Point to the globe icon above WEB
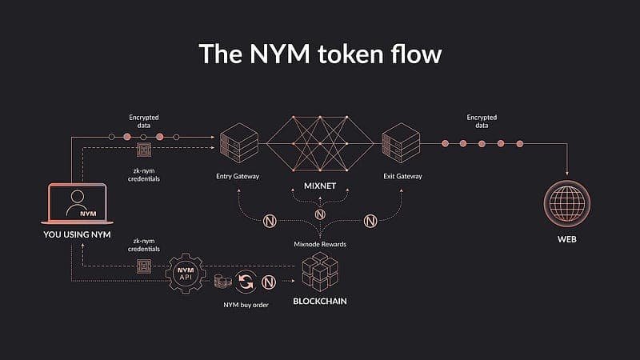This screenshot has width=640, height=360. click(x=568, y=205)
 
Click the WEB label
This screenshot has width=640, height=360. click(x=568, y=240)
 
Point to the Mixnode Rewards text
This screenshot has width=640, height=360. click(x=319, y=243)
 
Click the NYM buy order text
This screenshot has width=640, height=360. click(x=245, y=305)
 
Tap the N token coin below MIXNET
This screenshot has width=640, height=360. click(x=320, y=214)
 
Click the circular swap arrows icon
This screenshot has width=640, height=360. click(x=246, y=282)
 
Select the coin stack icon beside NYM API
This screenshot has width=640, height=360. click(x=222, y=282)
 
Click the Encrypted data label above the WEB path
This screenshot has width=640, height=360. click(x=481, y=122)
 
